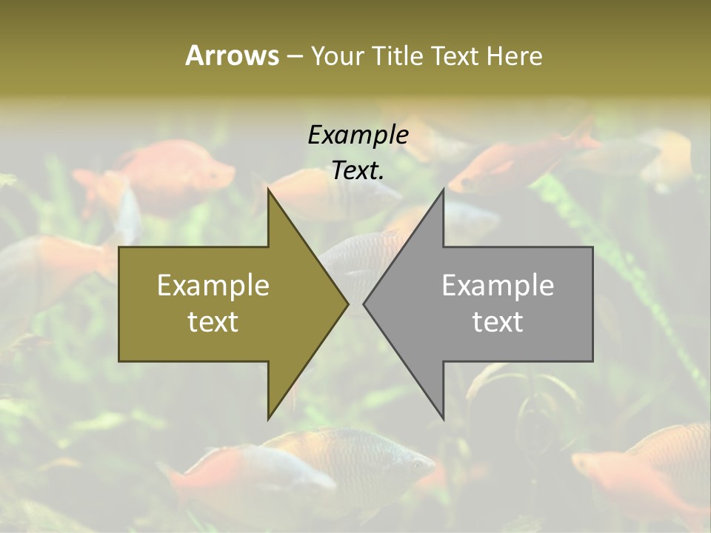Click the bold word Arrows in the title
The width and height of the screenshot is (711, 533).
click(x=232, y=56)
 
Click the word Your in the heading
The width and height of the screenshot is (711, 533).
click(x=338, y=56)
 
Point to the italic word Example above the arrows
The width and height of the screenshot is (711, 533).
click(x=358, y=135)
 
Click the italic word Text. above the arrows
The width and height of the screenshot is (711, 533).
click(x=358, y=171)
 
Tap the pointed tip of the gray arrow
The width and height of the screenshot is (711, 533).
click(x=364, y=303)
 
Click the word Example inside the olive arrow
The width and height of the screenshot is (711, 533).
click(x=213, y=285)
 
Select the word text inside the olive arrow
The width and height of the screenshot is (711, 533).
click(x=213, y=322)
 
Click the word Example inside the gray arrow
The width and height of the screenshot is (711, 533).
click(x=498, y=285)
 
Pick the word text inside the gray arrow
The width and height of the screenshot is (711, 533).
click(x=498, y=322)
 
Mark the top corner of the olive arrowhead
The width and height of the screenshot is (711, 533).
click(x=268, y=190)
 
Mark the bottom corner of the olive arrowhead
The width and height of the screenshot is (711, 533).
click(x=268, y=418)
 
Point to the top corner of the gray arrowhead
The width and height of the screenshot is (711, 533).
click(x=443, y=190)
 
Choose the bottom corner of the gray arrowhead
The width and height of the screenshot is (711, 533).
click(x=443, y=418)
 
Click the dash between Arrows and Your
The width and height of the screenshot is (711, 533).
click(x=294, y=56)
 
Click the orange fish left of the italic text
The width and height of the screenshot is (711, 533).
click(x=178, y=174)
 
